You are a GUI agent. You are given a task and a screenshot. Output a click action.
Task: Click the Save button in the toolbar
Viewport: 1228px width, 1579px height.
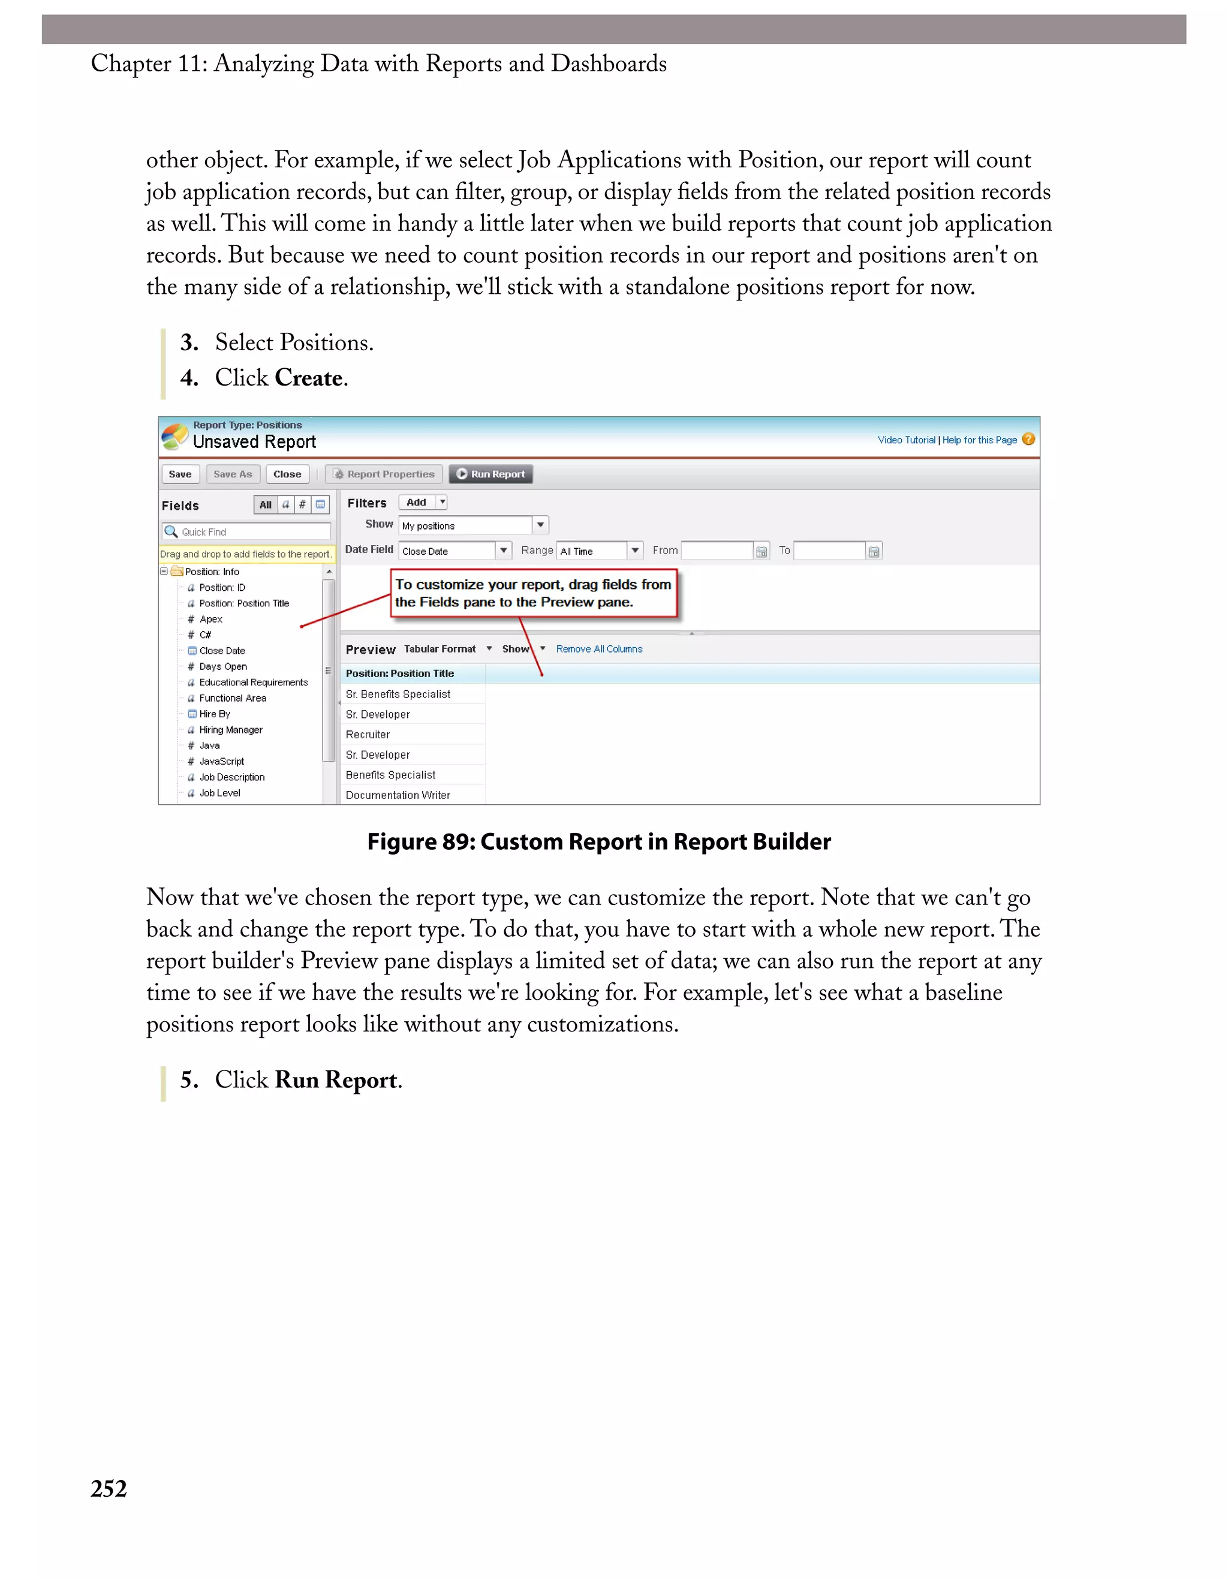(180, 474)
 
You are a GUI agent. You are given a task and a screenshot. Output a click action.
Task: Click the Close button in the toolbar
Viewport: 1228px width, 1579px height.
(287, 474)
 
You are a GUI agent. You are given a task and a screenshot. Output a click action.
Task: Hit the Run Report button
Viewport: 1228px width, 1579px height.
(490, 474)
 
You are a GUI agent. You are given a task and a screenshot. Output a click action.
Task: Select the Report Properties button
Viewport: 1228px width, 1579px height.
(384, 474)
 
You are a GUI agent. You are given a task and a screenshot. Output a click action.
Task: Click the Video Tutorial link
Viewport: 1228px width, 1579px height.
(905, 440)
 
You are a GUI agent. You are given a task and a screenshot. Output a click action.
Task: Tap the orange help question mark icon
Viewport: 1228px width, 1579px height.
(1028, 439)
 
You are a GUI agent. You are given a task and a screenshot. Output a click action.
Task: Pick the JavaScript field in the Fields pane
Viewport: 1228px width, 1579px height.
(221, 761)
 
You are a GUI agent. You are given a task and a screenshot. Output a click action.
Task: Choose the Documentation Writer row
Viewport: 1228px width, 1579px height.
(398, 795)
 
